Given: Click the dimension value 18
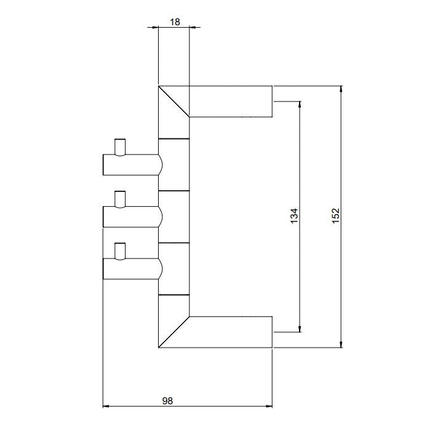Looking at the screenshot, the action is [175, 22].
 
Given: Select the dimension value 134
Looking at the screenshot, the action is [294, 216].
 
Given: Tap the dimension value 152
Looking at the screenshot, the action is [336, 216].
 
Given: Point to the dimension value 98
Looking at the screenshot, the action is [167, 401].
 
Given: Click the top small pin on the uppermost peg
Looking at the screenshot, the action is [120, 147].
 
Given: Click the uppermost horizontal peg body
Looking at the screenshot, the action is [133, 165].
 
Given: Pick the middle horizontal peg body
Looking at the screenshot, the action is [133, 217].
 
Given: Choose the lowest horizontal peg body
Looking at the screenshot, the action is [133, 268].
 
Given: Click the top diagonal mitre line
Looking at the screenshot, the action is [174, 102].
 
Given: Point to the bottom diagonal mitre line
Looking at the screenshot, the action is [174, 332].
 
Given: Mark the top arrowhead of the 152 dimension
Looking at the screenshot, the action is [341, 89].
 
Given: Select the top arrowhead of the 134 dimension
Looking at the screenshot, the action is [300, 105].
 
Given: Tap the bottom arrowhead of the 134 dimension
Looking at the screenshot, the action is [300, 329].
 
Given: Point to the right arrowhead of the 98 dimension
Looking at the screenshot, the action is [269, 407].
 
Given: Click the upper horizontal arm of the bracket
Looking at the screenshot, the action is [231, 102].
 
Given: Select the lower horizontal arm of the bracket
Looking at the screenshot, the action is [231, 332].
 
